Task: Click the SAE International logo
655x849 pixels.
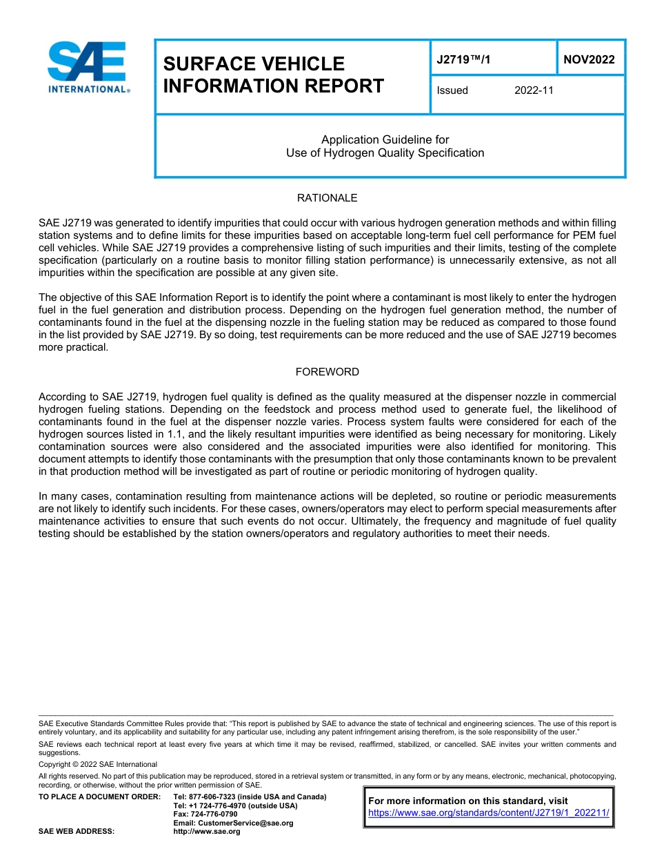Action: pyautogui.click(x=88, y=67)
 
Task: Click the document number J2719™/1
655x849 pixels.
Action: pyautogui.click(x=463, y=59)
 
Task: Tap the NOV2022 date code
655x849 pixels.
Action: pyautogui.click(x=589, y=59)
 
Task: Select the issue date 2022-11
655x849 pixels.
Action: pyautogui.click(x=534, y=90)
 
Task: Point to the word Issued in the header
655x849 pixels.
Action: pyautogui.click(x=452, y=90)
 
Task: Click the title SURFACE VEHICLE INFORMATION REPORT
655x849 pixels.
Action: pyautogui.click(x=273, y=75)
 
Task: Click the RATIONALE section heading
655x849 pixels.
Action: pyautogui.click(x=327, y=198)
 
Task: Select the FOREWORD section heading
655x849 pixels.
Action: pyautogui.click(x=327, y=372)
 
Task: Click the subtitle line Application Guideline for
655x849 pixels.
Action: pyautogui.click(x=385, y=140)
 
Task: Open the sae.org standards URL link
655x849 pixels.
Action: pyautogui.click(x=489, y=813)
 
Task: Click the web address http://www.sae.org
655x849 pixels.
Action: pyautogui.click(x=207, y=832)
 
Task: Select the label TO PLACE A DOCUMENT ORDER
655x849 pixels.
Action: pyautogui.click(x=99, y=797)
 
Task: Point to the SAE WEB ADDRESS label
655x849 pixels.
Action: pyautogui.click(x=77, y=832)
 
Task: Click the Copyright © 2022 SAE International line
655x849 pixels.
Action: pyautogui.click(x=98, y=764)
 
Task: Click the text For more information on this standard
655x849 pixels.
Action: pyautogui.click(x=469, y=801)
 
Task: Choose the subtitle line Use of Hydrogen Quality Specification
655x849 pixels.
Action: pyautogui.click(x=385, y=153)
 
